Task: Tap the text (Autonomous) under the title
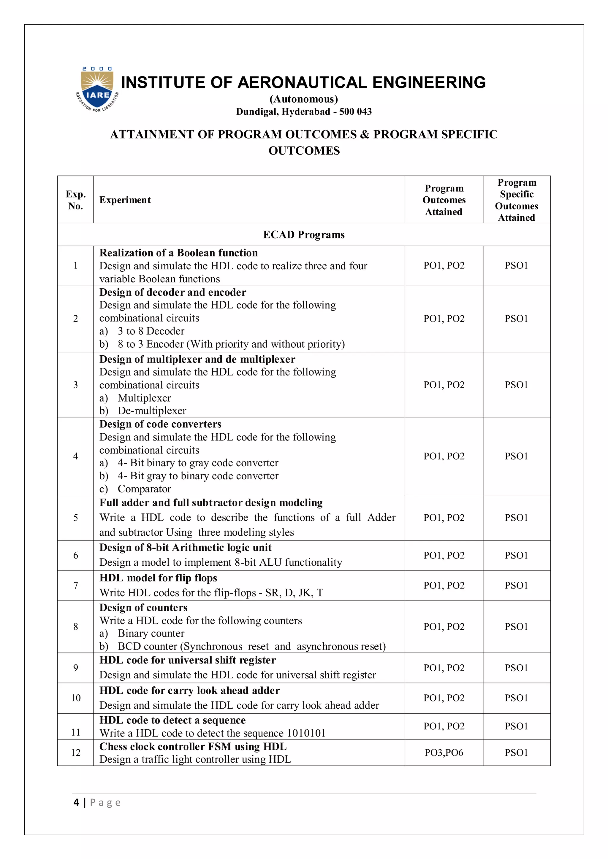[304, 99]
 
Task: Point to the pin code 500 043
[355, 112]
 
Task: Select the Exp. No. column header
[76, 200]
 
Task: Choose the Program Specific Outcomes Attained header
[516, 200]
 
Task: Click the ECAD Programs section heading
[304, 235]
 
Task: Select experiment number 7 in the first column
[76, 585]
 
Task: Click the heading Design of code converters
[160, 424]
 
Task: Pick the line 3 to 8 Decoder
[151, 331]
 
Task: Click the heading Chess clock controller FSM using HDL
[193, 746]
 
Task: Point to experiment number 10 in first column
[76, 698]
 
